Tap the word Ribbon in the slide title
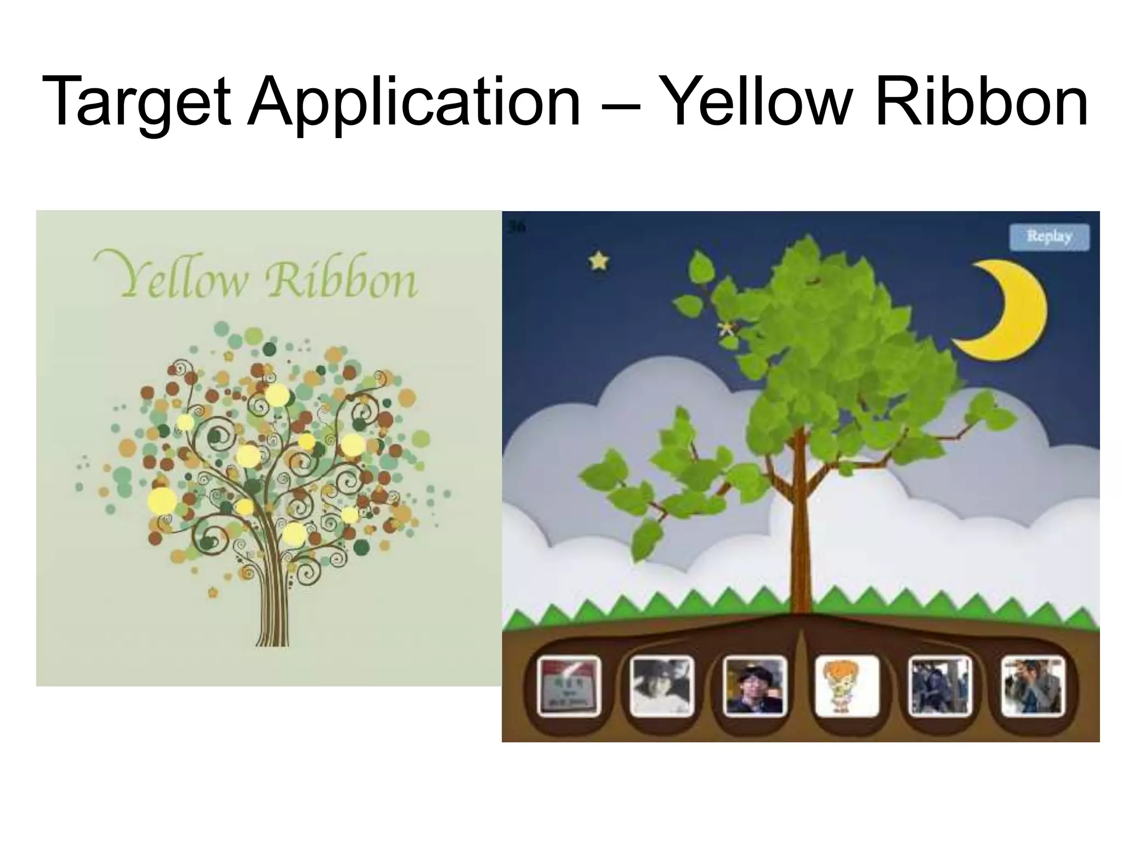982,103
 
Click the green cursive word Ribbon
340,280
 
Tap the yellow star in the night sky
599,261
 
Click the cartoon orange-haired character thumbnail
847,687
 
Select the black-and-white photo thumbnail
661,687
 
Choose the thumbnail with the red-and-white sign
569,687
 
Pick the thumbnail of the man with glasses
755,687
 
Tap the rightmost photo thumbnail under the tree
1033,687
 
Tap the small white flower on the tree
727,328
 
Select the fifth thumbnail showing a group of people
939,687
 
